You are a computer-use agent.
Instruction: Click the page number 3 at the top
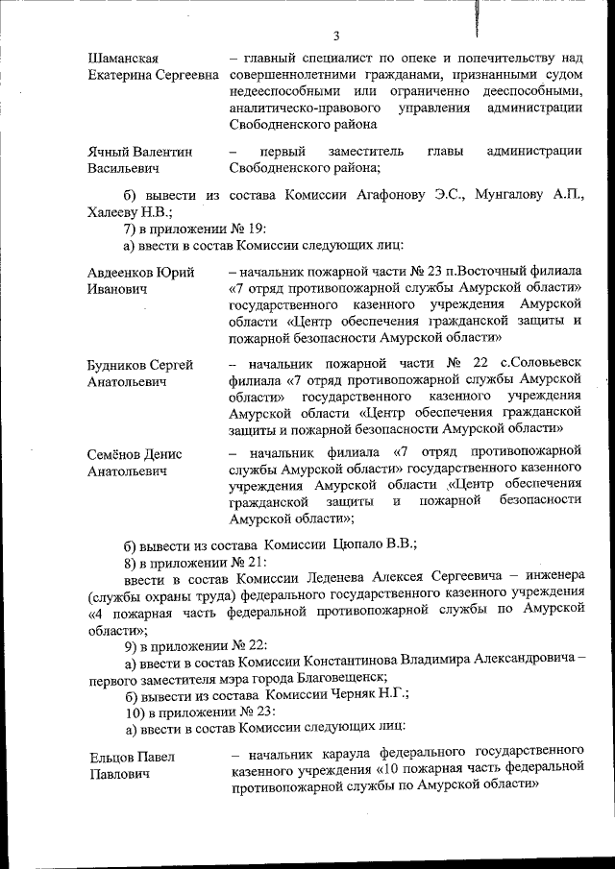pyautogui.click(x=336, y=36)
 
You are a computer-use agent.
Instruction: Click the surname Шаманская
pyautogui.click(x=123, y=60)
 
